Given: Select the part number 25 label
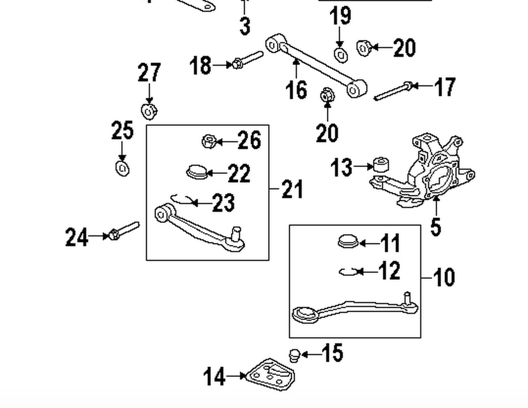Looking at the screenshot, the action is pos(122,130).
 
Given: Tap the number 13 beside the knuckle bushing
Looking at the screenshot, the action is pos(341,167).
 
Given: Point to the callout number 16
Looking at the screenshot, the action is pos(296,90).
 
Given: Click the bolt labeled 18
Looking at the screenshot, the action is pos(247,59).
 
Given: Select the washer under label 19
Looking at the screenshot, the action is pos(341,54).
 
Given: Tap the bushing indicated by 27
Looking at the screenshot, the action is pos(149,111).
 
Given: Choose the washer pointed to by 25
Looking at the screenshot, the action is pos(122,168).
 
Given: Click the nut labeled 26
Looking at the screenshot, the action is pos(209,141).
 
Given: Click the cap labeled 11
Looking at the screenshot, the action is pos(348,241).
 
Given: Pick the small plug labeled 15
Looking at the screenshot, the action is pos(295,356).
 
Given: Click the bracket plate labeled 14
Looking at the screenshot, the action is pos(270,375).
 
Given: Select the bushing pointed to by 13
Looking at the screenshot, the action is pos(382,165).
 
